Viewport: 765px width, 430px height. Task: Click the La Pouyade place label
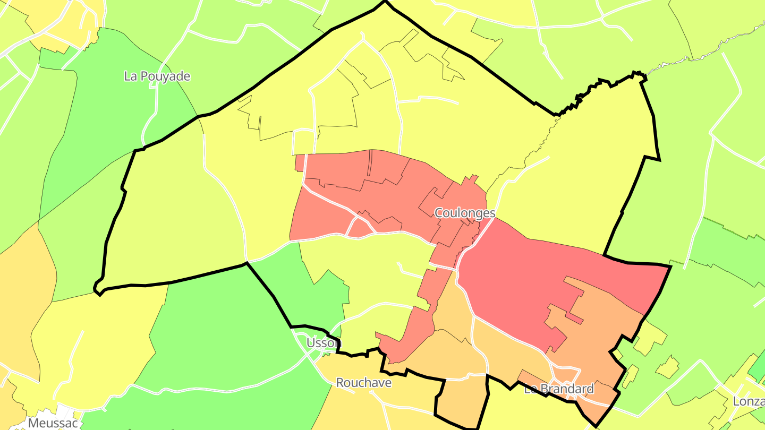[x=157, y=76]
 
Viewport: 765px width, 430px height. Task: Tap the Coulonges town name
[x=465, y=213]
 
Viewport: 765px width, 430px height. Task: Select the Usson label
[x=323, y=343]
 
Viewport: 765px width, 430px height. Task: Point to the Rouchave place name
[x=364, y=383]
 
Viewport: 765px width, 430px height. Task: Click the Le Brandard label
[x=559, y=389]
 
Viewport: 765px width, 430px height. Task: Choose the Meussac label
[x=53, y=423]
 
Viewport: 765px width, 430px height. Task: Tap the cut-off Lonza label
[x=749, y=401]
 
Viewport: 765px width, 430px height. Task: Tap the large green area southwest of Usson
[x=223, y=340]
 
